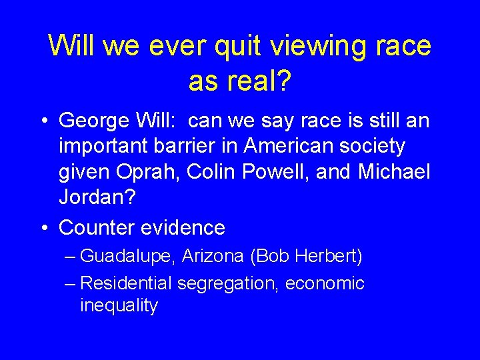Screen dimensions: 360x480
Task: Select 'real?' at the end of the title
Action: (259, 81)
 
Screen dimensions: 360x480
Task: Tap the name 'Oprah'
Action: (149, 171)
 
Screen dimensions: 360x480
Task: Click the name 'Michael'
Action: (394, 171)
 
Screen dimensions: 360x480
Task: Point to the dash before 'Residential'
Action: (71, 283)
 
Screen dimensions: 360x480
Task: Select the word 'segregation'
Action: (227, 283)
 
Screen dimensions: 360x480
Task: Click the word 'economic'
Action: (325, 283)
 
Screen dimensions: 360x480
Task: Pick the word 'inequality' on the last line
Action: (119, 306)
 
